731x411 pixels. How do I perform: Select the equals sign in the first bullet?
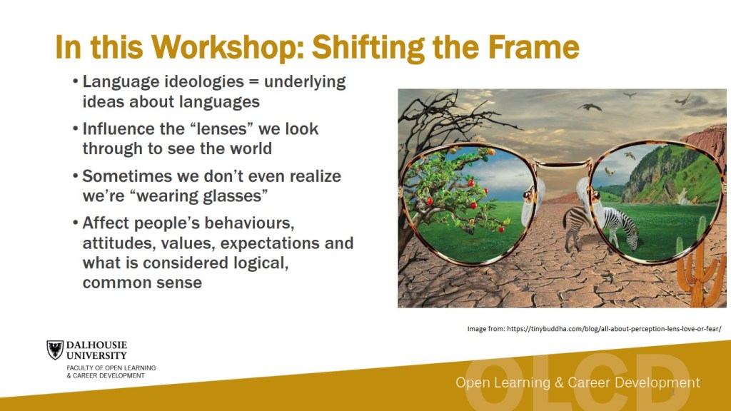click(253, 82)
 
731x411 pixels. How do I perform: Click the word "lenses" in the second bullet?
click(223, 128)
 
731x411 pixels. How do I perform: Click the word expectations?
click(270, 243)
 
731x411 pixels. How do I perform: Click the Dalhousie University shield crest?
click(55, 350)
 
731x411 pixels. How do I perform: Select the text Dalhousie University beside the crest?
click(96, 350)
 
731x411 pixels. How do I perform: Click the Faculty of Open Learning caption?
click(111, 371)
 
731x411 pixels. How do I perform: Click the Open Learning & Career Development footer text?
click(578, 382)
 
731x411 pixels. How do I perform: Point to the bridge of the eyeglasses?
click(562, 163)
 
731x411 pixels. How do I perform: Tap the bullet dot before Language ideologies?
click(75, 81)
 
